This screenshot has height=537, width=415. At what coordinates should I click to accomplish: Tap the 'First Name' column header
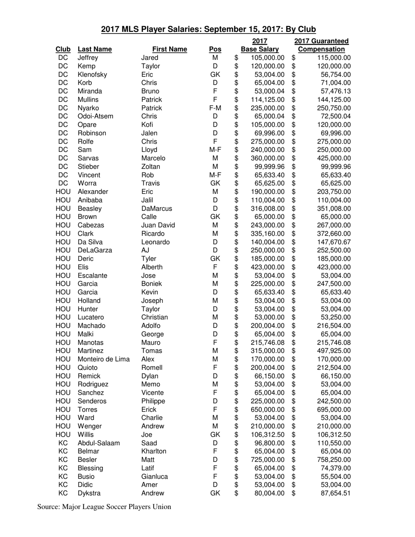(x=169, y=49)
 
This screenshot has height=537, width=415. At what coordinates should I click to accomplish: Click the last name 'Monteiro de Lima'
(x=104, y=359)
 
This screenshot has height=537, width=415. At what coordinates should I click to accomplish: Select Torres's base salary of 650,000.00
(x=267, y=410)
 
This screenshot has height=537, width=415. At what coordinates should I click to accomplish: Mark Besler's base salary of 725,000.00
(x=267, y=460)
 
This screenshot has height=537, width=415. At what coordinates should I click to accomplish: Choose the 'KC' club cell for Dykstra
(x=63, y=493)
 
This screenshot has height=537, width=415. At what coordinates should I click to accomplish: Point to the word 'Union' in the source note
(x=161, y=507)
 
